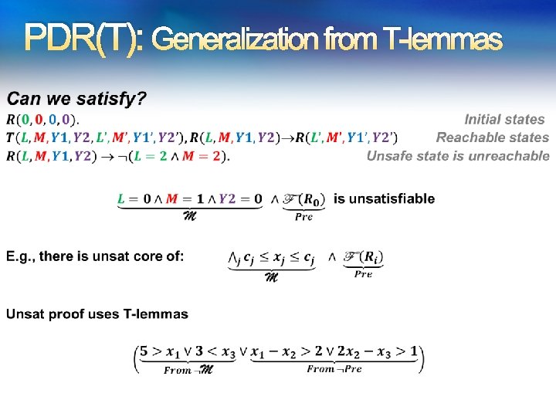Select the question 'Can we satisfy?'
point(76,99)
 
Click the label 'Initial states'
point(504,119)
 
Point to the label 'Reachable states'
point(492,137)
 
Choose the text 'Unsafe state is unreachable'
point(458,156)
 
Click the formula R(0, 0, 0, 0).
point(42,120)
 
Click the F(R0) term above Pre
point(303,200)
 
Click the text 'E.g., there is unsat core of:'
point(95,256)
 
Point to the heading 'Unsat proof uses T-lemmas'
point(97,314)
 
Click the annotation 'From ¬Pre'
point(334,369)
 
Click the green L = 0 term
point(134,199)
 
